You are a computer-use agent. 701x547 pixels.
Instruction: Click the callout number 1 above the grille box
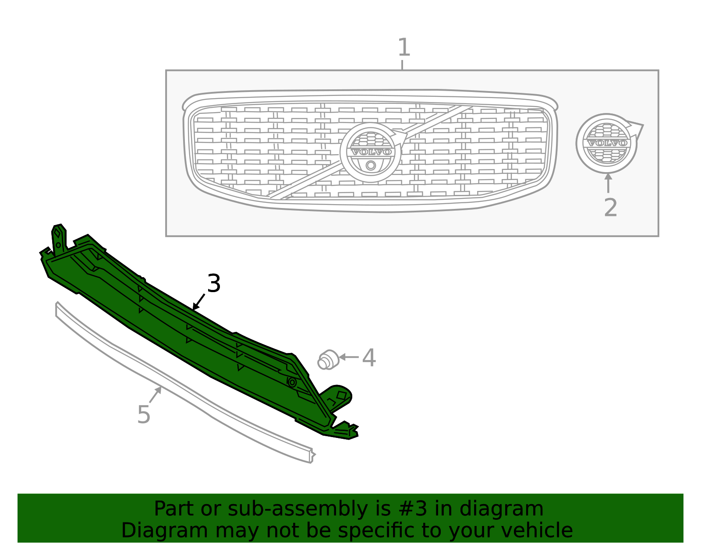[404, 47]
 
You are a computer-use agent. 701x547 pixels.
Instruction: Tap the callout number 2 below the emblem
[610, 208]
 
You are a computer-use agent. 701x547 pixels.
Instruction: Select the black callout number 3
[214, 284]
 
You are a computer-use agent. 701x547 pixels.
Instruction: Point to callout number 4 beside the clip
[369, 358]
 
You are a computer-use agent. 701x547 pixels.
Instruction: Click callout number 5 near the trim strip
[144, 414]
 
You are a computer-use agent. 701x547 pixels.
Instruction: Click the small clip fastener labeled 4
[328, 360]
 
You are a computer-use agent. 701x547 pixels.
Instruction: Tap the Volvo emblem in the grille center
[371, 152]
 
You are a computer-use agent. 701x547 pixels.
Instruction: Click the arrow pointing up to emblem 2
[608, 183]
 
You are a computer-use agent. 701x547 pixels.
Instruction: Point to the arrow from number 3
[199, 302]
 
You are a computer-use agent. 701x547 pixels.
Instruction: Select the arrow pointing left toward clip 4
[349, 357]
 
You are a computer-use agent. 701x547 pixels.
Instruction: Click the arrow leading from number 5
[156, 395]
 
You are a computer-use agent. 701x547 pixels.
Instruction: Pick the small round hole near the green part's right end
[292, 382]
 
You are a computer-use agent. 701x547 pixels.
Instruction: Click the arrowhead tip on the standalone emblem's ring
[642, 125]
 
